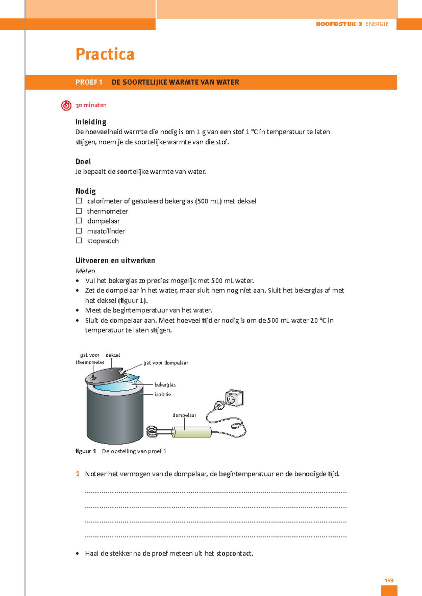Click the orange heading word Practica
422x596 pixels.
coord(105,54)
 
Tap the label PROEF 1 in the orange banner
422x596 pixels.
coord(89,82)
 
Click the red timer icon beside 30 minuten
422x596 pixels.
coord(66,105)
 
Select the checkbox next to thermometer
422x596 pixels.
coord(79,211)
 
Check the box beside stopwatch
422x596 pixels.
coord(79,241)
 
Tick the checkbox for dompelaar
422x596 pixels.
coord(79,221)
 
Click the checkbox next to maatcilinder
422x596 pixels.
coord(79,231)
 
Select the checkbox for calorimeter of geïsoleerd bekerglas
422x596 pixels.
coord(79,201)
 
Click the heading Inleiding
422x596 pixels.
coord(91,122)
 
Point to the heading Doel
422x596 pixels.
coord(83,162)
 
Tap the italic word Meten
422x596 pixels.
coord(85,271)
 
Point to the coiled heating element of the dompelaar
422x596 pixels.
coord(152,432)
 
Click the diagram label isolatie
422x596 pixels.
coord(163,394)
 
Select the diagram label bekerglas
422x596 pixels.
coord(165,385)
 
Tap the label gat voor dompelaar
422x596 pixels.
coord(166,363)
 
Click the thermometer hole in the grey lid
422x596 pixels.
coord(93,378)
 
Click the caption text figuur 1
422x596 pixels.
coord(86,451)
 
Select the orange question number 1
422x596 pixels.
coord(78,474)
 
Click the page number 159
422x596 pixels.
coord(389,581)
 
